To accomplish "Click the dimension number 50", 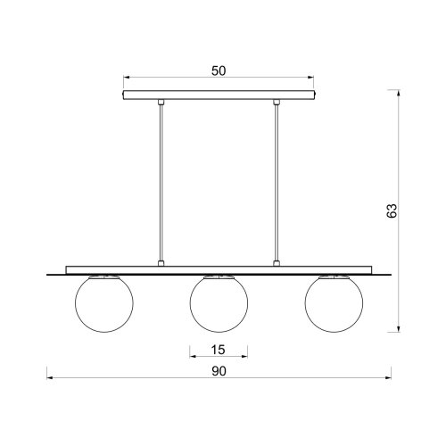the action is click(x=219, y=70).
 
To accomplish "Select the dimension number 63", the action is click(x=392, y=211).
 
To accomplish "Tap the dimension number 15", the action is click(x=219, y=350).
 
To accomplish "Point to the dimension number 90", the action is click(x=219, y=371).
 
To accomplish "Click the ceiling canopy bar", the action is click(x=219, y=95).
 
